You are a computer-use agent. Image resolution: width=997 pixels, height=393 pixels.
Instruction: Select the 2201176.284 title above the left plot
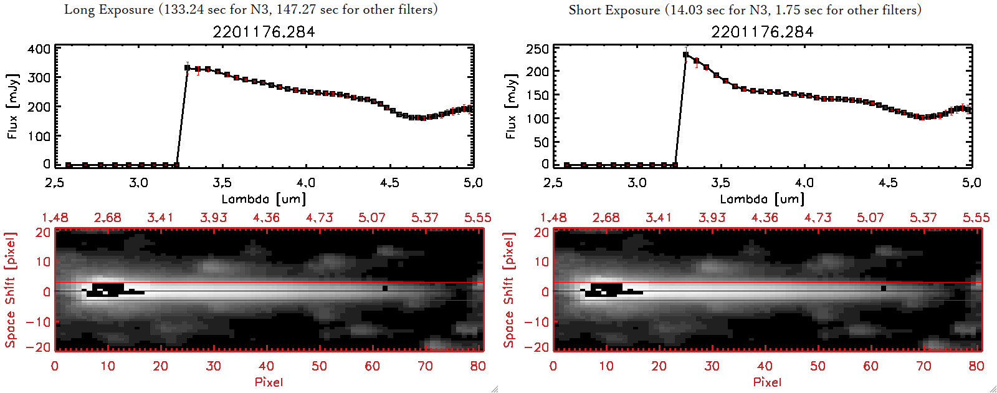coord(264,32)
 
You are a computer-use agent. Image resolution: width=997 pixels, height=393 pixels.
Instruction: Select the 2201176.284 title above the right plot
coord(762,32)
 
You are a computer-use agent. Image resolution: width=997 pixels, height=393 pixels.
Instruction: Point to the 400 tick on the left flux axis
coord(39,49)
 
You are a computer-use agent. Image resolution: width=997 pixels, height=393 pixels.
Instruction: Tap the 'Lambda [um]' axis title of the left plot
coord(264,199)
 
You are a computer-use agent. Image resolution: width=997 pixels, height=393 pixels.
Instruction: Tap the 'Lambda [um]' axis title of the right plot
coord(762,199)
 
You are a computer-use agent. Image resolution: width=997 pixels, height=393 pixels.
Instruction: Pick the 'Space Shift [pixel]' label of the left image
coord(10,290)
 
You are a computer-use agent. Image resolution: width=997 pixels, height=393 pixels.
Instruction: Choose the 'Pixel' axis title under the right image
coord(767,382)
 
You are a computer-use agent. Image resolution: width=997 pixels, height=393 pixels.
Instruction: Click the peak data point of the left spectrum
coord(188,67)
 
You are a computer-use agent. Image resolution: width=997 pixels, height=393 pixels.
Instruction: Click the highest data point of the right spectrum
coord(686,55)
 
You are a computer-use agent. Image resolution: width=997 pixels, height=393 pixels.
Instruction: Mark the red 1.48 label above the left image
coord(55,218)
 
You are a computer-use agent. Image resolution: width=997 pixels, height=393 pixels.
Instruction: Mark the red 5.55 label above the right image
coord(976,218)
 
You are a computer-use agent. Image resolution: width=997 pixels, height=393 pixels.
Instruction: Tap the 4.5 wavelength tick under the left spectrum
coord(390,183)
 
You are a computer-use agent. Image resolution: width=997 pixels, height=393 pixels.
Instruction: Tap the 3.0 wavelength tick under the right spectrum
coord(637,183)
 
